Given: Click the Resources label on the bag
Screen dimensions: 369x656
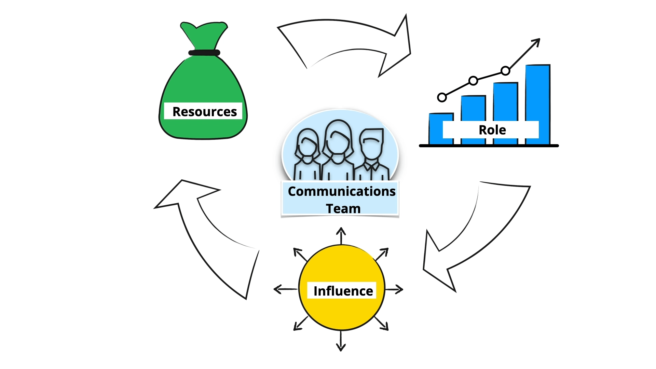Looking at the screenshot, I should (x=204, y=111).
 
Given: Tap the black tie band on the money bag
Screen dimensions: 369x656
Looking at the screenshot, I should (x=204, y=53).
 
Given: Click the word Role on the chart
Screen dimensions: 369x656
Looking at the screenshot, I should (x=492, y=130).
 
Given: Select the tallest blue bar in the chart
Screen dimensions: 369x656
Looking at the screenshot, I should (x=537, y=92).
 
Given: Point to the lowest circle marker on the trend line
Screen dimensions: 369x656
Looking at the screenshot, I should (x=442, y=97).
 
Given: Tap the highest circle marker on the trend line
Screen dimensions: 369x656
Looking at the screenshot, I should (x=505, y=71).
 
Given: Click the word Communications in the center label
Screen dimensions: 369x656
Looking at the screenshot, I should (x=341, y=191).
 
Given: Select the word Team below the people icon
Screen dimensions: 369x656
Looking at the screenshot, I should (x=343, y=208).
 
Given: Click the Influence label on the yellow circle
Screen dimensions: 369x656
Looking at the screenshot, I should (x=343, y=291).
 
